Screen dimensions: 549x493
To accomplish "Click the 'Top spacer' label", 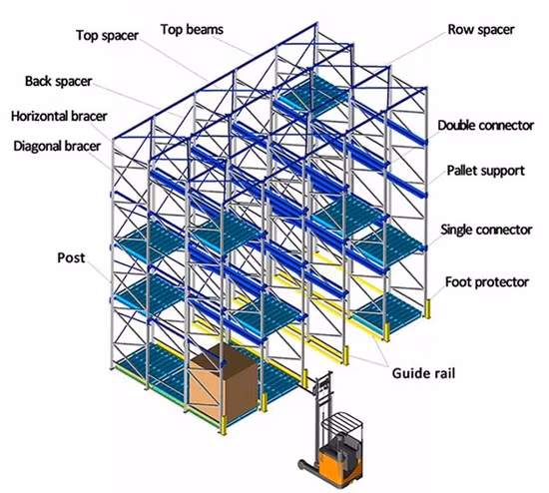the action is [x=108, y=35].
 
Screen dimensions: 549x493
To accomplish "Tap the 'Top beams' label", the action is [x=192, y=29].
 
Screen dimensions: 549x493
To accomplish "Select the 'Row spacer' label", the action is [x=481, y=29].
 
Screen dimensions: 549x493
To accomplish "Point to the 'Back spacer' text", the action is [x=59, y=81].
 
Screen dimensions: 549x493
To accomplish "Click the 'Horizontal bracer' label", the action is [x=59, y=116].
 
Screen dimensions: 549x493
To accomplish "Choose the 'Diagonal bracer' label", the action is [x=57, y=146].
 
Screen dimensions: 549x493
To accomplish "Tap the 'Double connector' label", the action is [x=486, y=126].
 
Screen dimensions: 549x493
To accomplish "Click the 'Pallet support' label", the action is [x=486, y=171].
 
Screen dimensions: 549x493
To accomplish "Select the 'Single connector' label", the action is [x=486, y=230].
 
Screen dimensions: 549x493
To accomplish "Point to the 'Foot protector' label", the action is [x=487, y=281].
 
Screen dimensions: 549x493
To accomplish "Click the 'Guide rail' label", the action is [x=423, y=373].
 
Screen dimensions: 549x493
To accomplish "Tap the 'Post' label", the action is [x=71, y=257].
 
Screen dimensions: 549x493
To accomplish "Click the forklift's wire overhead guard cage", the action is [x=341, y=426].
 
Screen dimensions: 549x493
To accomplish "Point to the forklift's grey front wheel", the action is [x=302, y=465].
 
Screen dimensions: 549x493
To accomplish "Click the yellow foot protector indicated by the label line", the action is [x=427, y=308].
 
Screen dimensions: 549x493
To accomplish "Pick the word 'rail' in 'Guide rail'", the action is [x=443, y=373].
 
